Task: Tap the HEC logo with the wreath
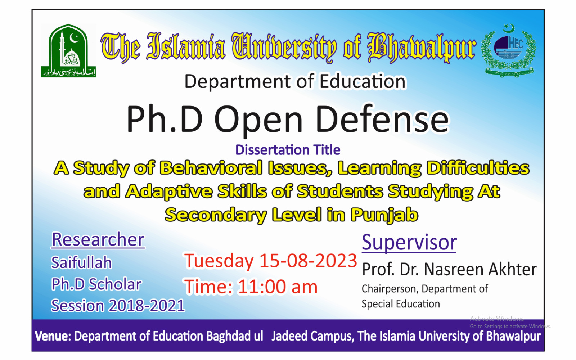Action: pos(509,50)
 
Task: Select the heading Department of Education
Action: pos(295,81)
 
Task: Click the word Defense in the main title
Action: pos(382,120)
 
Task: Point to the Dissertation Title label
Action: pos(288,150)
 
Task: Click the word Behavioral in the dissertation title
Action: pos(211,168)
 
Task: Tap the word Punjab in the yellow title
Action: pos(384,215)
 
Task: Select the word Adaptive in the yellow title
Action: pos(169,192)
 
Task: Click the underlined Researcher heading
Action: pos(98,240)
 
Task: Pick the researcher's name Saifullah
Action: pos(81,262)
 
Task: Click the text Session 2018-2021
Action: pos(118,306)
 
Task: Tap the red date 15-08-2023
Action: pos(308,261)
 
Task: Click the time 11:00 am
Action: pos(278,287)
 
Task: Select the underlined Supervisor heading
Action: pos(409,242)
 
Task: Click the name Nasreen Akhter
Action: pos(480,269)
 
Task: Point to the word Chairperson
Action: pos(389,289)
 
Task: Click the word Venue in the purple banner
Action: pos(53,336)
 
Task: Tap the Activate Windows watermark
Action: pos(497,319)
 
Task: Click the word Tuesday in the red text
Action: pos(219,261)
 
